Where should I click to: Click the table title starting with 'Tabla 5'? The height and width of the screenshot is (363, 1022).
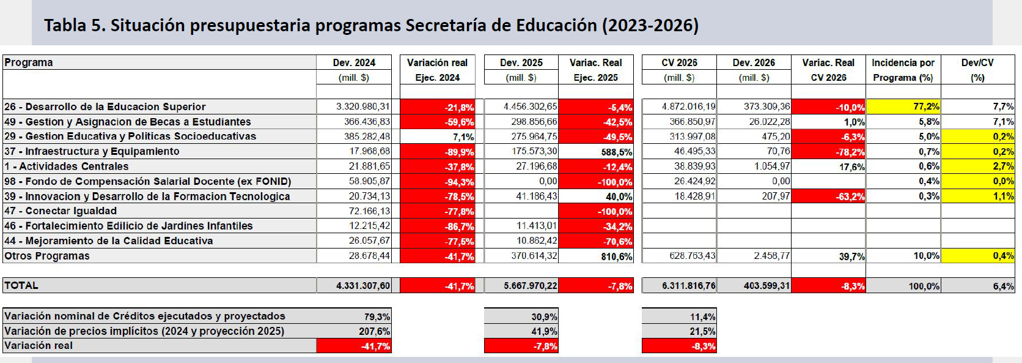click(371, 25)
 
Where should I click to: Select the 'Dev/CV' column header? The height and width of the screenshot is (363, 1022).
click(977, 62)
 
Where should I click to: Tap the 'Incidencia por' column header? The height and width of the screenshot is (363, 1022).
click(903, 62)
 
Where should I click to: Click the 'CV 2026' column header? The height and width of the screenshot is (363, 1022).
click(679, 62)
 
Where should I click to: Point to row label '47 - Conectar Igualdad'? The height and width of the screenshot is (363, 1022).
click(61, 211)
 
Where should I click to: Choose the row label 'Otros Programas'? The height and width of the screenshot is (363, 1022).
click(47, 256)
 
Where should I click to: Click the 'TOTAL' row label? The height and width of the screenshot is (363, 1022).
click(21, 285)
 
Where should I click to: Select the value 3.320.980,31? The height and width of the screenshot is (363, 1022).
click(363, 107)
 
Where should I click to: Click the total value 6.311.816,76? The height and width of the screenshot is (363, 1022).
click(689, 286)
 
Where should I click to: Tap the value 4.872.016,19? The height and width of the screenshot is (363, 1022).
click(689, 107)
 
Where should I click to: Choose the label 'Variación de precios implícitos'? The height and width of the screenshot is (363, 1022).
click(144, 331)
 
